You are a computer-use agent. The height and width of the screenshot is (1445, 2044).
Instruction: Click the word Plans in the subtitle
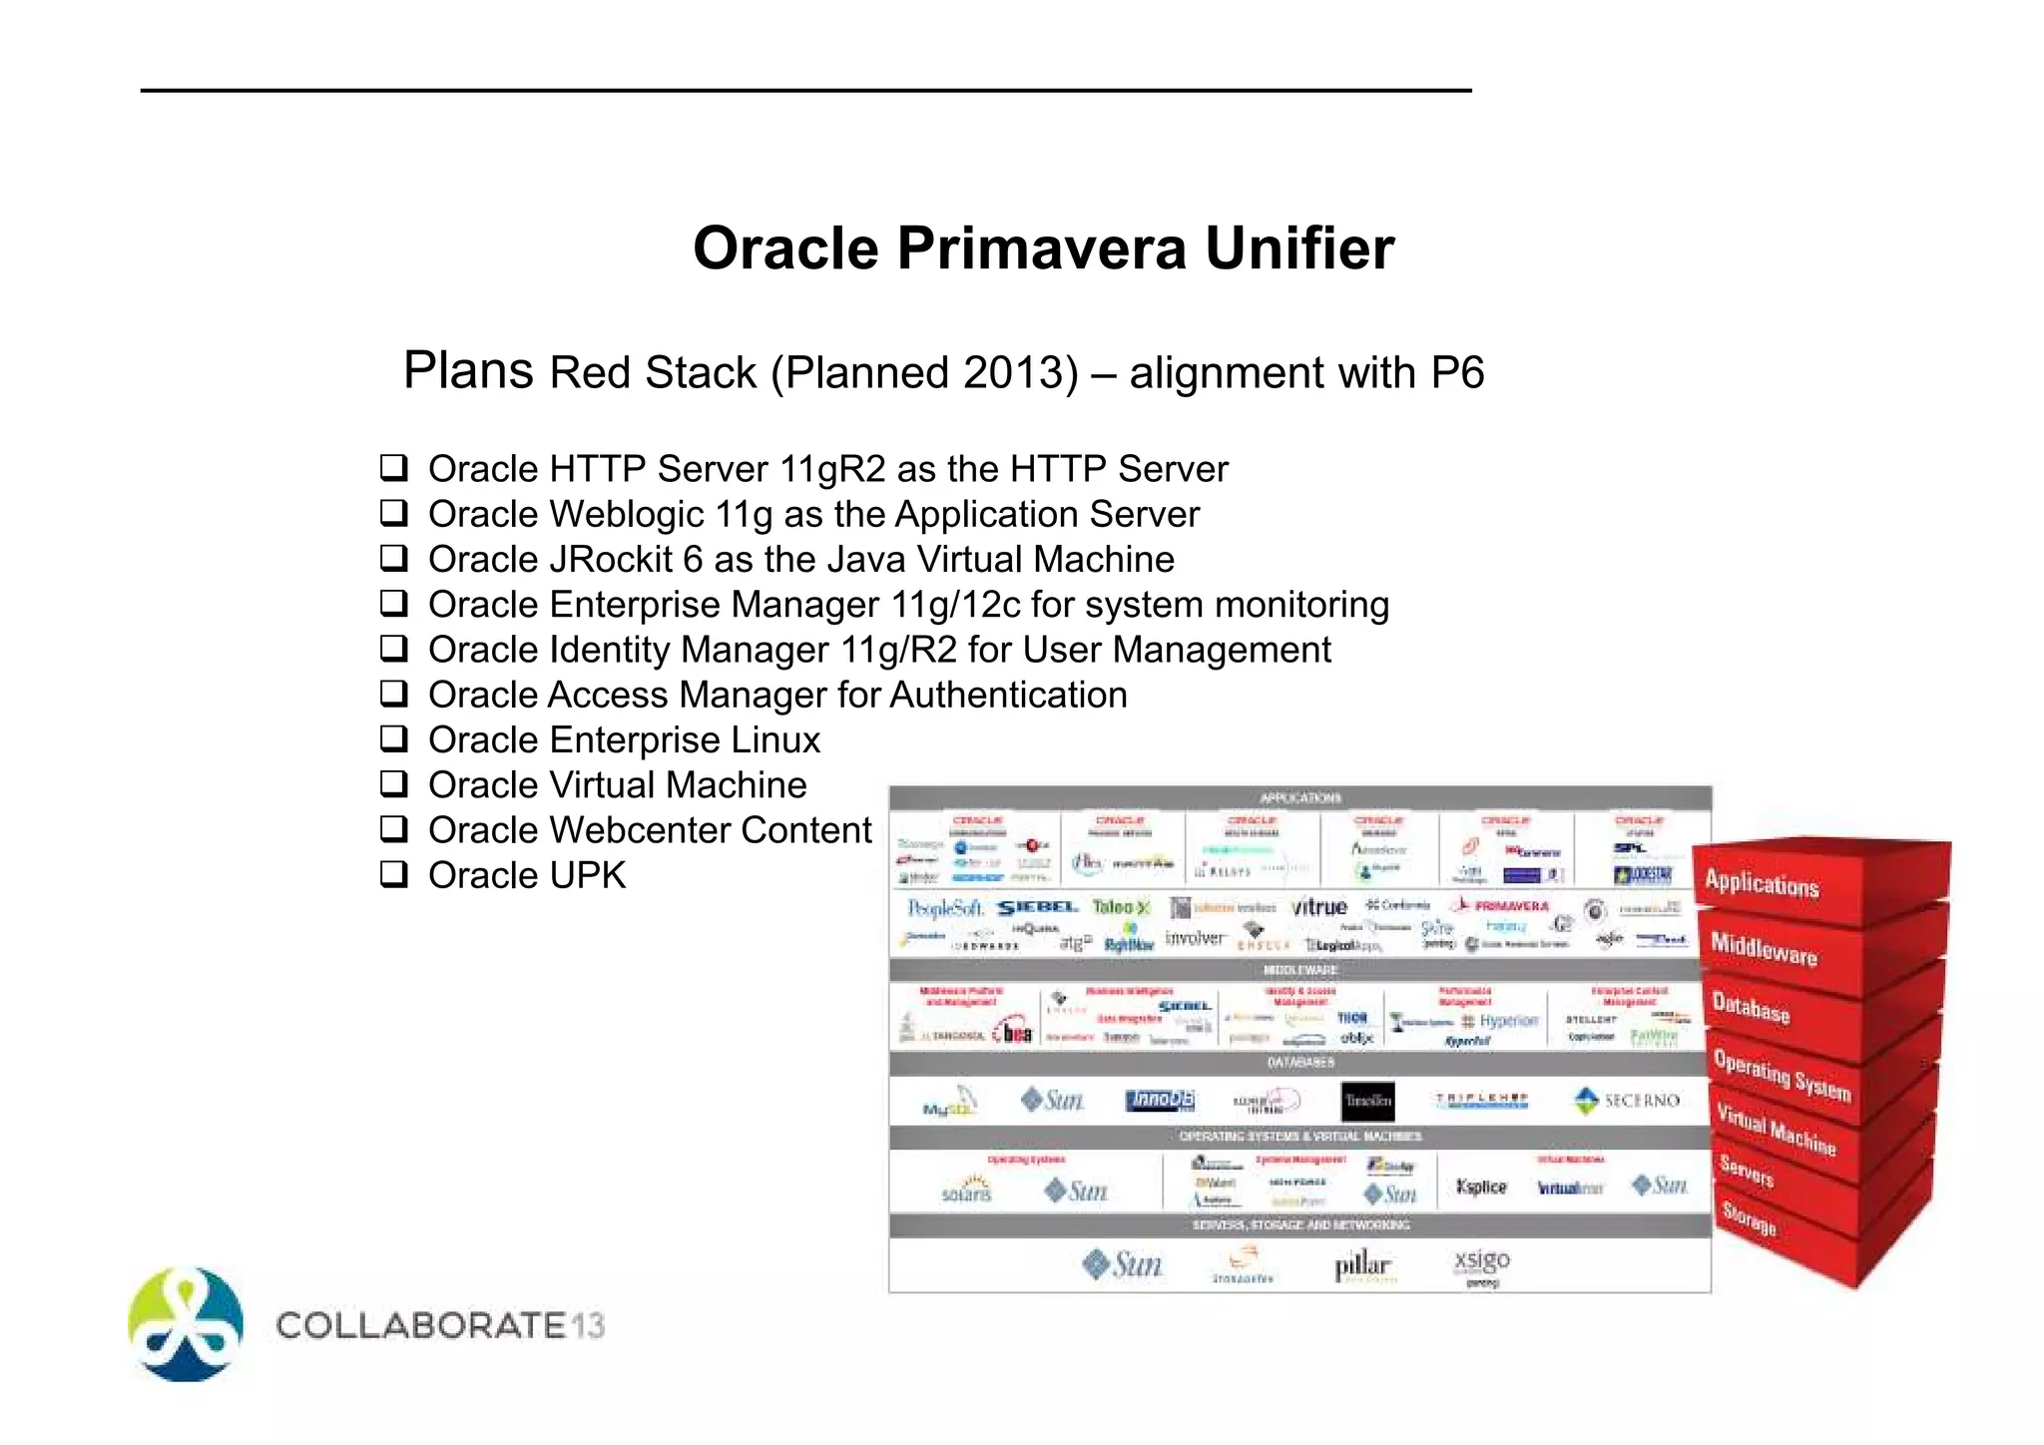click(468, 371)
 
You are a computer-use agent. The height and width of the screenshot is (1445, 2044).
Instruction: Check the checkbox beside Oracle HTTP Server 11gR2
click(394, 467)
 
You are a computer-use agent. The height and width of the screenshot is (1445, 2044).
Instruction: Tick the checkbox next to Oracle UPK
click(394, 874)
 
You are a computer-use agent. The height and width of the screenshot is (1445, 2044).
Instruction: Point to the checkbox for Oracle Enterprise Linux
click(394, 739)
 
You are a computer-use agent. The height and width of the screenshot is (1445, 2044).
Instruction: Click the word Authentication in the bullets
click(1008, 696)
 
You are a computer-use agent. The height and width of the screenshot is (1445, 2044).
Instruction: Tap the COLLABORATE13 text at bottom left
click(440, 1326)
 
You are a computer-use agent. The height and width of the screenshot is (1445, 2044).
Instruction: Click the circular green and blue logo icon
click(187, 1325)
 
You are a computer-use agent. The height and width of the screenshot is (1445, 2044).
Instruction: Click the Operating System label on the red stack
click(1782, 1076)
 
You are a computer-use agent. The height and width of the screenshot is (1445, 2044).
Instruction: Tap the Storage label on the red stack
click(1749, 1218)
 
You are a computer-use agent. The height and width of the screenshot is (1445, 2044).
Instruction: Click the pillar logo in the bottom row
click(1362, 1265)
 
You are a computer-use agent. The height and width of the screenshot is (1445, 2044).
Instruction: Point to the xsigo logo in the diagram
click(1482, 1261)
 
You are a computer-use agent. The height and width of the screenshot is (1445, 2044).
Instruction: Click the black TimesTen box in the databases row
click(1367, 1101)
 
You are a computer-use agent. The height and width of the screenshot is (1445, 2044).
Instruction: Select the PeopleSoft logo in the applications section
click(944, 908)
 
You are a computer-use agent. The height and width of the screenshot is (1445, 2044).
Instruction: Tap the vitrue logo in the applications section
click(1318, 907)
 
